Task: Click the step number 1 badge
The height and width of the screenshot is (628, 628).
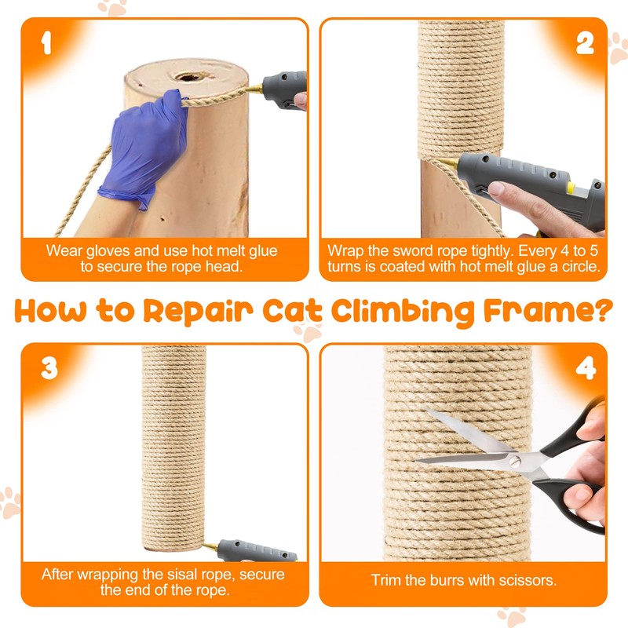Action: coord(46,43)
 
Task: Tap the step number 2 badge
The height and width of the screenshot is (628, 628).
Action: coord(585,43)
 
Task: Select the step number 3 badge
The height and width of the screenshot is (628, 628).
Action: coord(49,368)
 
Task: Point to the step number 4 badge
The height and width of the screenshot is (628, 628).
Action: coord(586,368)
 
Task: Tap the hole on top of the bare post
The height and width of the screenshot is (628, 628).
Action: coord(188,76)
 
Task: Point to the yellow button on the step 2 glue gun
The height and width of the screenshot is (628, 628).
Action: coord(571,187)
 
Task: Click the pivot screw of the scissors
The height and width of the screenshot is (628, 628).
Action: coord(514,462)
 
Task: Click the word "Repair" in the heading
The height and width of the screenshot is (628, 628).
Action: coord(199,312)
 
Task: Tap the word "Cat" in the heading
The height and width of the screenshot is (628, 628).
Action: coord(292,311)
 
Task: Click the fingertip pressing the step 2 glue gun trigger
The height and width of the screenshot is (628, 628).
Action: coord(495,188)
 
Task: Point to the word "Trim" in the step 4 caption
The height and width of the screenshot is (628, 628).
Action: coord(386,580)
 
